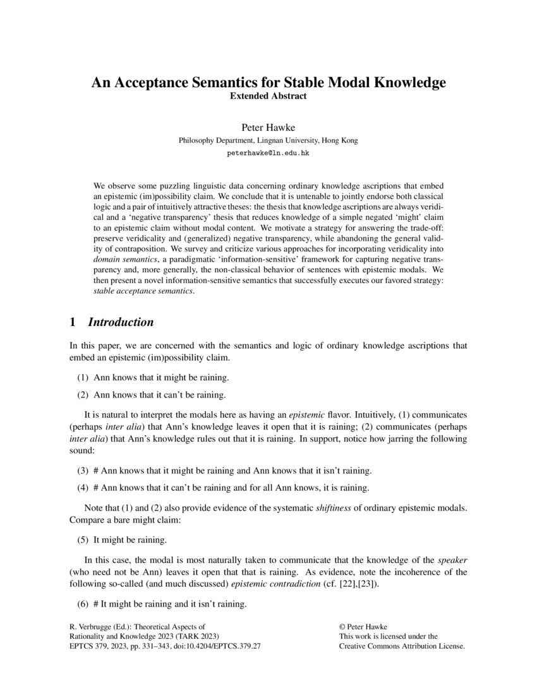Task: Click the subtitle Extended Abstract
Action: click(x=268, y=97)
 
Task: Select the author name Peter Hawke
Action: click(x=268, y=128)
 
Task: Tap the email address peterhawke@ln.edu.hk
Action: click(x=268, y=154)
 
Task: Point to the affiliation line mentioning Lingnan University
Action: click(x=268, y=141)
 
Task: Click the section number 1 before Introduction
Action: click(x=72, y=322)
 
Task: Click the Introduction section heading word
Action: click(x=121, y=322)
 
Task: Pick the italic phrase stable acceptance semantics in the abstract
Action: click(x=143, y=291)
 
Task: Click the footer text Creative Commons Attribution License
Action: click(x=402, y=647)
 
